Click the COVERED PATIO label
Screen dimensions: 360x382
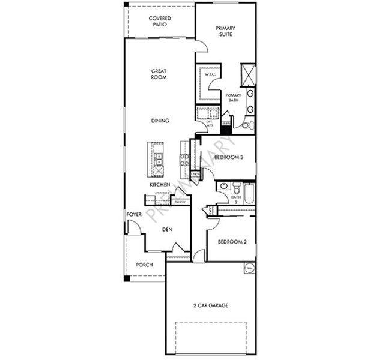(x=160, y=22)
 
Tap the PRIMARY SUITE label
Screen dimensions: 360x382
(x=226, y=31)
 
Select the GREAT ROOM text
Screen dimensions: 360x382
(x=159, y=74)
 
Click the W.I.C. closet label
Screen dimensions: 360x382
(x=210, y=76)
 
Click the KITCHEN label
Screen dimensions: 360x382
(x=160, y=185)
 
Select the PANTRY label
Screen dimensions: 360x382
(x=180, y=203)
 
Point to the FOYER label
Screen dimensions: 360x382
(x=133, y=215)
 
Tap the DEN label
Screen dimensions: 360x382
(x=168, y=229)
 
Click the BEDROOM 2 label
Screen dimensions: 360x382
(x=232, y=242)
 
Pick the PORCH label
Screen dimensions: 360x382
(x=144, y=265)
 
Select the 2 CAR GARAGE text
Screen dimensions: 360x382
(x=210, y=305)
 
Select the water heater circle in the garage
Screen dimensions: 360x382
(x=247, y=268)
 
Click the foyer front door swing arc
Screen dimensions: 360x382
(x=136, y=229)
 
